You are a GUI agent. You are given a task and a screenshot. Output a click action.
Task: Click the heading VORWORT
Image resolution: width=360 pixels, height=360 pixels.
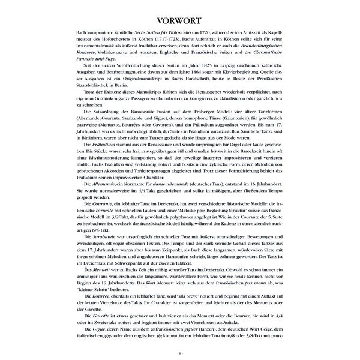tap(180, 18)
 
